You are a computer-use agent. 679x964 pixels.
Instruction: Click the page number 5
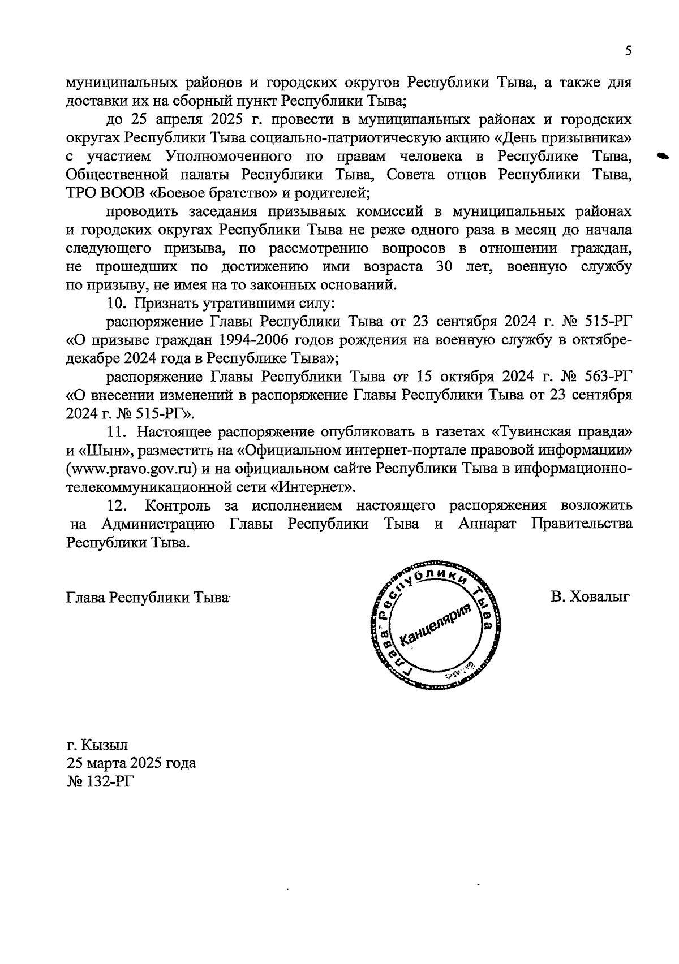click(628, 51)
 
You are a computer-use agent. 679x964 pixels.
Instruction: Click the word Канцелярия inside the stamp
click(436, 625)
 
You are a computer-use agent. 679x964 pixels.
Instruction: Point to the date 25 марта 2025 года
click(131, 763)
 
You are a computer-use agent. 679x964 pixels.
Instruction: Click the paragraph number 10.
click(115, 304)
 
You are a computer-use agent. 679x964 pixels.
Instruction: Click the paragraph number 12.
click(118, 505)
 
